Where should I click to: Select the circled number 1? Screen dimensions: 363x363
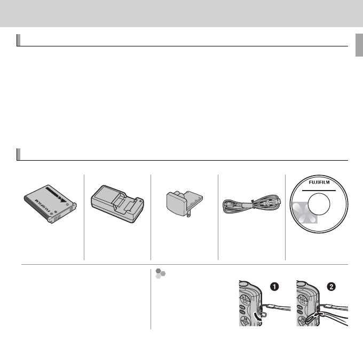pyautogui.click(x=275, y=287)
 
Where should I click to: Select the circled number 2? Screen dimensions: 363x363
pyautogui.click(x=332, y=287)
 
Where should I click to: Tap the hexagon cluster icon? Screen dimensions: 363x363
pyautogui.click(x=160, y=274)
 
